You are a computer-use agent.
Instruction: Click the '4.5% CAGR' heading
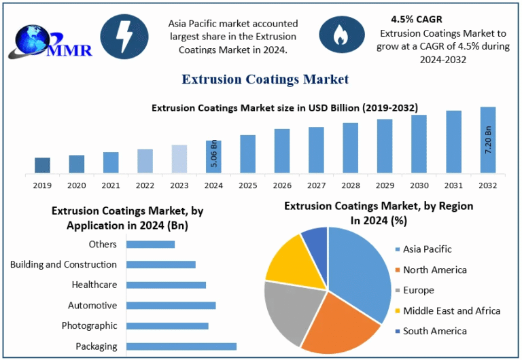(x=416, y=19)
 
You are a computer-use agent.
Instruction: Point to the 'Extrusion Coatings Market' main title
(x=265, y=79)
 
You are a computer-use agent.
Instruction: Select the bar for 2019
(x=42, y=165)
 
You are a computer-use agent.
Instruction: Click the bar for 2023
(x=179, y=159)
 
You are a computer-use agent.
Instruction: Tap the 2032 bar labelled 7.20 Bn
(x=488, y=140)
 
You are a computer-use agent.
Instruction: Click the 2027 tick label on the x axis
(x=316, y=185)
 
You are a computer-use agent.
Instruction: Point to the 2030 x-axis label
(x=419, y=185)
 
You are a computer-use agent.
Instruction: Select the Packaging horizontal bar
(x=181, y=346)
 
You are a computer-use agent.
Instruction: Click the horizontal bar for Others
(x=151, y=245)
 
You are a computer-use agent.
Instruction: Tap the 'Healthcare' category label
(x=94, y=285)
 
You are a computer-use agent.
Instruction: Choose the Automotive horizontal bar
(x=171, y=306)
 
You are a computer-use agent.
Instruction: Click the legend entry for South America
(x=434, y=331)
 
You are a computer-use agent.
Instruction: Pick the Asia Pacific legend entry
(x=427, y=249)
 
